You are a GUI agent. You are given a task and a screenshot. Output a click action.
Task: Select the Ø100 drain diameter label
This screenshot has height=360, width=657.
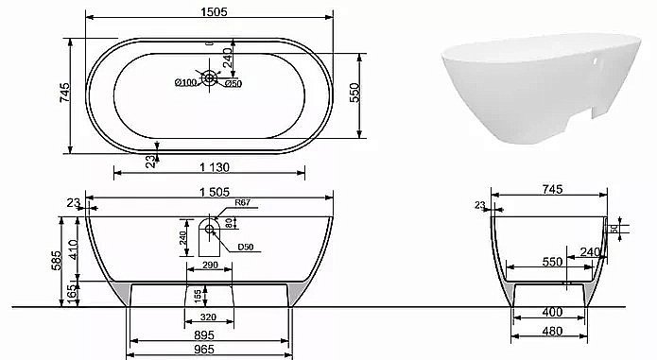(185, 83)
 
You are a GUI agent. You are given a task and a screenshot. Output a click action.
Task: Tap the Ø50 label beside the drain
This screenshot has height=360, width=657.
(231, 83)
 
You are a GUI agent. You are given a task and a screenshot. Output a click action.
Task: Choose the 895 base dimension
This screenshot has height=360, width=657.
(209, 334)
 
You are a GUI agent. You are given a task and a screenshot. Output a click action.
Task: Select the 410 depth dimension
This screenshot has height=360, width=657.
(74, 249)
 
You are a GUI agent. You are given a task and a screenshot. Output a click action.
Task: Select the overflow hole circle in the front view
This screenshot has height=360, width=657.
(208, 228)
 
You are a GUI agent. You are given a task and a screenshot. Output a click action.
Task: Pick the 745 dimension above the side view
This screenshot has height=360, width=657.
(553, 189)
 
